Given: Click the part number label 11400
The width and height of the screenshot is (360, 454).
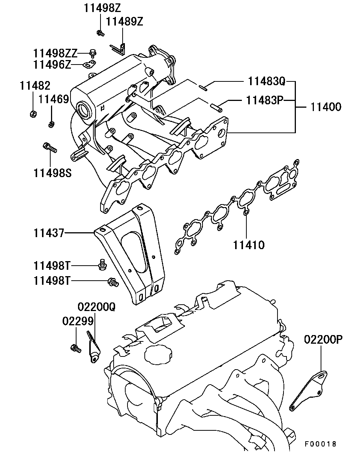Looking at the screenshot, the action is click(326, 107).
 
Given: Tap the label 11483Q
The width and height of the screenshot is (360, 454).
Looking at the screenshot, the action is click(267, 81).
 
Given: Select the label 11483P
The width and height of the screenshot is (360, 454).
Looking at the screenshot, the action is click(265, 101).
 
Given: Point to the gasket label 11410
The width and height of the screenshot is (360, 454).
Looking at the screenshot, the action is click(249, 245).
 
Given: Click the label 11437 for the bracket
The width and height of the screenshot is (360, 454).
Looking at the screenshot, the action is click(49, 233).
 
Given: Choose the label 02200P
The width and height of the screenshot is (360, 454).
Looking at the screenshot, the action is click(323, 340).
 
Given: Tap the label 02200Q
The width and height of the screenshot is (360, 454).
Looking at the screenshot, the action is click(97, 307).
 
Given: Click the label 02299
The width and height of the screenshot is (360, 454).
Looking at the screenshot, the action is click(78, 321).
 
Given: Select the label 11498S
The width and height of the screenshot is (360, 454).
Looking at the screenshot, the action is click(52, 173).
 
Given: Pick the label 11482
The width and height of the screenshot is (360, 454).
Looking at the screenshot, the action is click(35, 86).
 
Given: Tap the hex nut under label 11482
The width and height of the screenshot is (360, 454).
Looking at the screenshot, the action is click(33, 114).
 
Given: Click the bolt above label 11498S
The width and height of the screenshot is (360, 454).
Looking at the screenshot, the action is click(50, 147).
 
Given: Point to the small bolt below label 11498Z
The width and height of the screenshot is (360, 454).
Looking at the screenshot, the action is click(100, 33).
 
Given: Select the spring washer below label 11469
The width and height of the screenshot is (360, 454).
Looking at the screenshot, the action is click(51, 125).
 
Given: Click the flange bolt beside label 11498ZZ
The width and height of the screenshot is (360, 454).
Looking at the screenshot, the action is click(93, 53).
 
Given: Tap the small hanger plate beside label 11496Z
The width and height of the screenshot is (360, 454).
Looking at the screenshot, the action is click(89, 64).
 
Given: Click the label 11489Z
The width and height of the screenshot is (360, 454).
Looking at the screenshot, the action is click(124, 22).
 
